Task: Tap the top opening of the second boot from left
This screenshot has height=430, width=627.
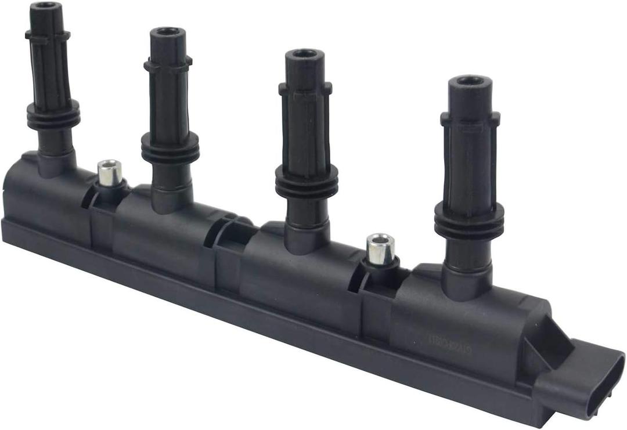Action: [167, 31]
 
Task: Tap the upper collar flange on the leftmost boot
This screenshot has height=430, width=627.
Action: [48, 35]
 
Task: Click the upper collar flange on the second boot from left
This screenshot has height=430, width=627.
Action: [168, 64]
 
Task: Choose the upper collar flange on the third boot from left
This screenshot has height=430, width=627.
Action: [305, 88]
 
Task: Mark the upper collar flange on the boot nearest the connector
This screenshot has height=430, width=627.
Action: [470, 118]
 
